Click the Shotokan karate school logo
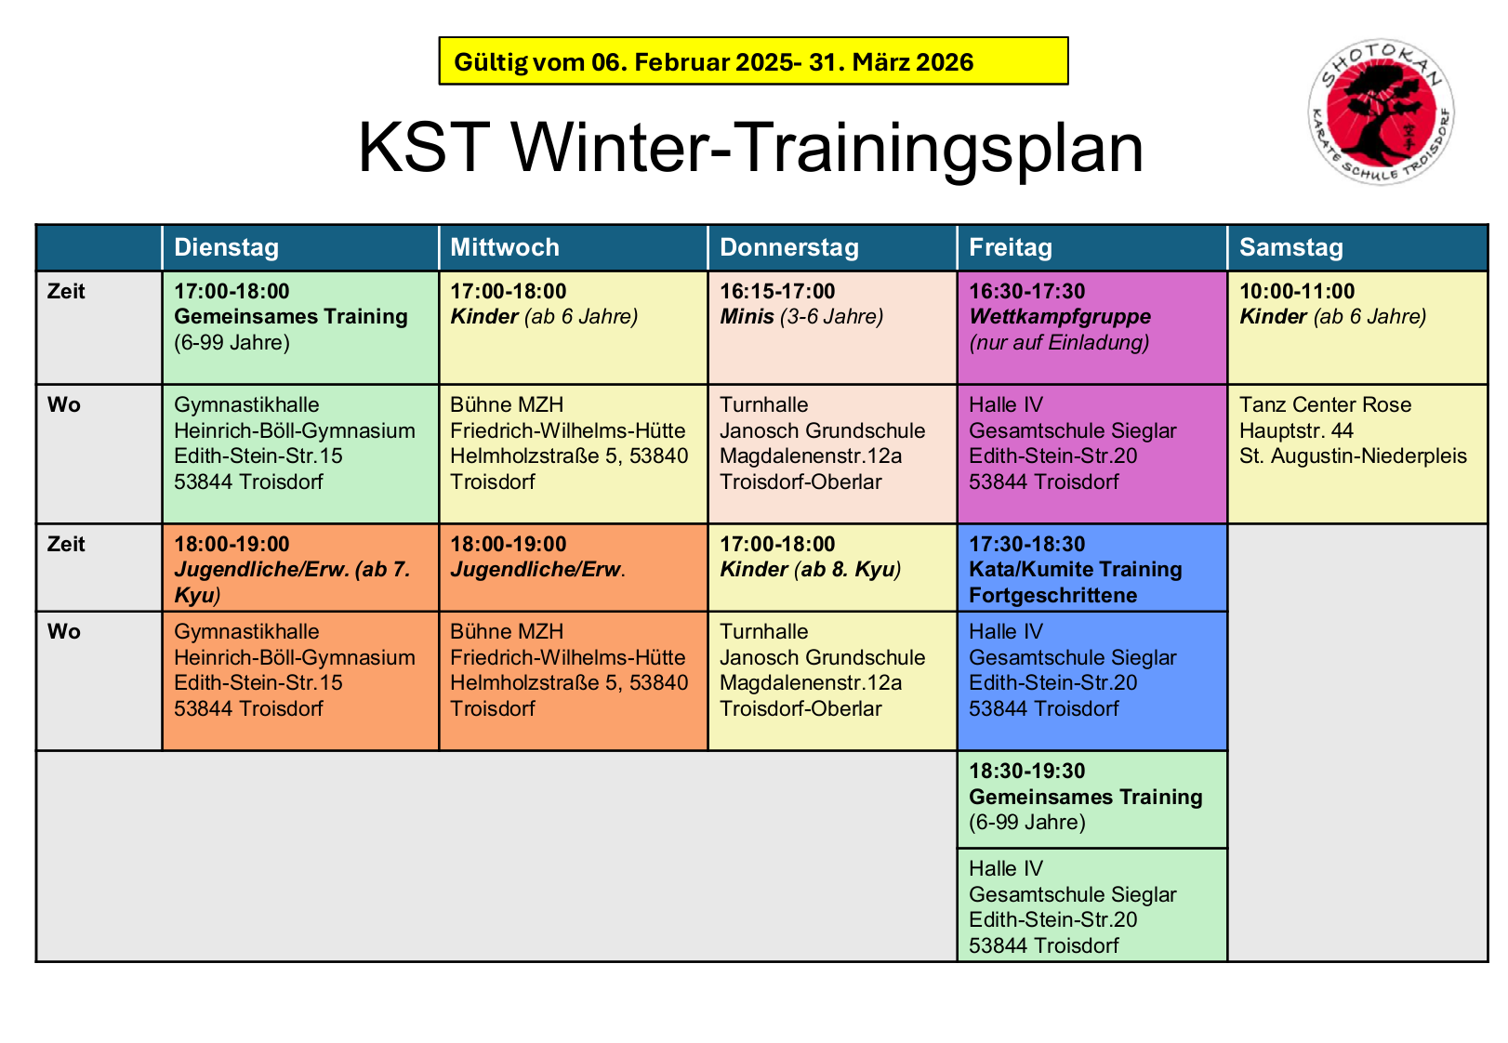tap(1381, 112)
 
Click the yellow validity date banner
tap(753, 61)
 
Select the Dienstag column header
tap(226, 247)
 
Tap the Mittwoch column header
tap(505, 247)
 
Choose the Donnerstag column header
tap(789, 247)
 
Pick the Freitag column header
tap(1011, 247)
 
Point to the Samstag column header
tap(1291, 247)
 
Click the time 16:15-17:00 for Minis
tap(777, 291)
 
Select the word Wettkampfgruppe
tap(1060, 317)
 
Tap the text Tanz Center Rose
tap(1325, 405)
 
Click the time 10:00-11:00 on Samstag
tap(1297, 291)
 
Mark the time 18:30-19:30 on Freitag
tap(1026, 771)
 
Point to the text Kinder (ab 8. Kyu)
tap(810, 570)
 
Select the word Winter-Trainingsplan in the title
tap(827, 147)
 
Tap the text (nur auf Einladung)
tap(1059, 343)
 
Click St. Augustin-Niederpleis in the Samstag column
tap(1353, 456)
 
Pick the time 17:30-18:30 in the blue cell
tap(1026, 544)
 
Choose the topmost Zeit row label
tap(66, 292)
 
